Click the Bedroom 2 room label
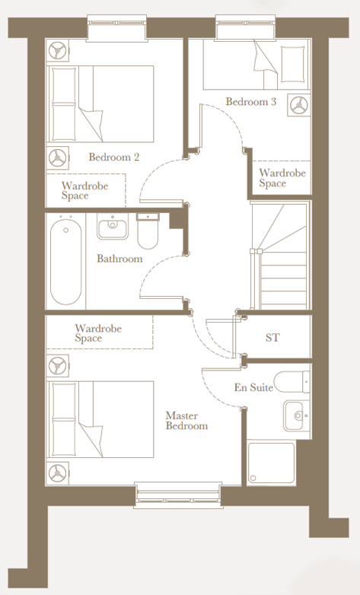click(x=114, y=157)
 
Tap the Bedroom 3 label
click(x=251, y=101)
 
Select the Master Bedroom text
click(x=186, y=421)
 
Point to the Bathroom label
click(x=119, y=259)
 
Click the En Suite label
click(x=253, y=387)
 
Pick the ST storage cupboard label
click(x=272, y=337)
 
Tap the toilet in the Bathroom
click(x=148, y=231)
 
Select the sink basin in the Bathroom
click(x=113, y=226)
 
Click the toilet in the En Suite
click(x=292, y=382)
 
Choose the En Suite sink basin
click(x=297, y=415)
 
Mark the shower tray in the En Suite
click(x=271, y=463)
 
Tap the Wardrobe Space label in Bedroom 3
click(x=282, y=178)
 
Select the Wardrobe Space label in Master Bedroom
click(x=98, y=333)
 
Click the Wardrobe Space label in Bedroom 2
click(x=84, y=190)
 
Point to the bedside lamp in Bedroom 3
click(x=299, y=105)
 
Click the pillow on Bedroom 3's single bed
click(x=293, y=64)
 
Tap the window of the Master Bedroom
click(x=177, y=495)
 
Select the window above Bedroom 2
click(x=116, y=28)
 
